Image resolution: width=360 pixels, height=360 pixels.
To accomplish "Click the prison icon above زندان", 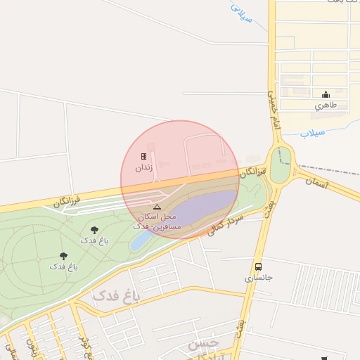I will click(x=143, y=156).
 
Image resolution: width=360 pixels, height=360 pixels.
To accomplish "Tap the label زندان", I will click(x=143, y=169).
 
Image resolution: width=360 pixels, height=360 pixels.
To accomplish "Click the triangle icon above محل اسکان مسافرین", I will click(x=157, y=207).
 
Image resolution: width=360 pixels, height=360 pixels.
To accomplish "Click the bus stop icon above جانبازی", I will click(x=258, y=266).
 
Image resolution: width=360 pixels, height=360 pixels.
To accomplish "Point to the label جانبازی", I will click(x=258, y=278).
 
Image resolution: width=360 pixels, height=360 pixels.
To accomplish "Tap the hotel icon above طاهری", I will click(x=326, y=95).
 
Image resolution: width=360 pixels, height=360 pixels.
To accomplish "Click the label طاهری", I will click(x=326, y=105).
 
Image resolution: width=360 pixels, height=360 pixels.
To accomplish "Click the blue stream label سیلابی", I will click(x=242, y=14).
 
